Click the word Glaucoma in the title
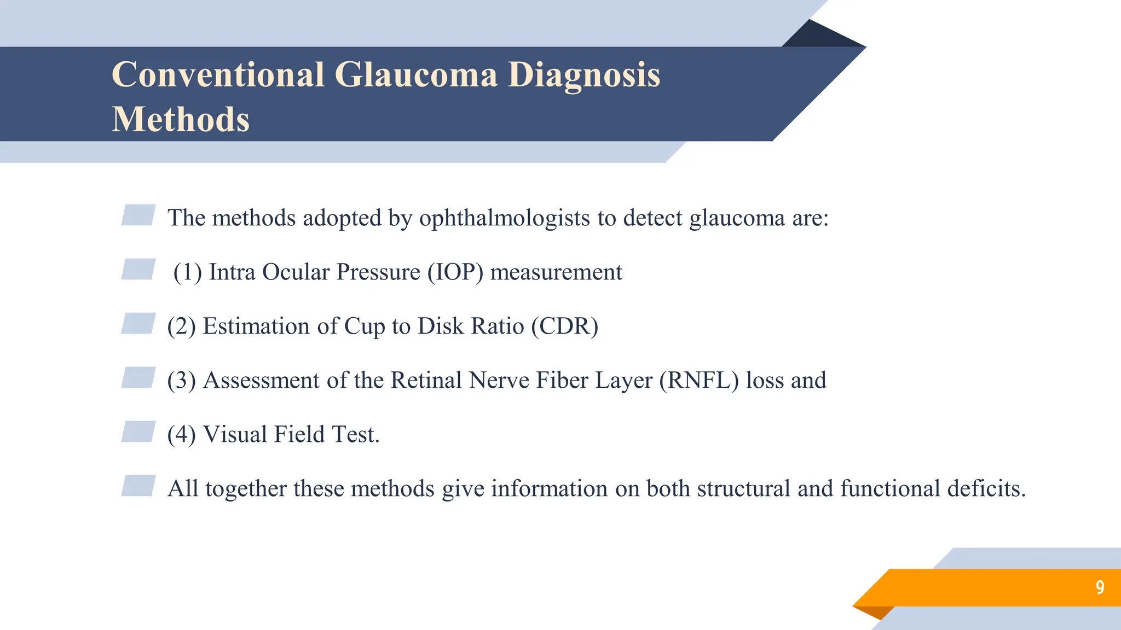(416, 75)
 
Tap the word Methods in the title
(181, 120)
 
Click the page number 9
(1100, 587)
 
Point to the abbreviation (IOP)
(455, 272)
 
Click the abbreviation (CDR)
(564, 326)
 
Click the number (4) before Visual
(181, 435)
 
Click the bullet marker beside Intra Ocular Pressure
(138, 270)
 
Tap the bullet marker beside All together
(138, 486)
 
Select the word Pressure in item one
(378, 272)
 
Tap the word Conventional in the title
(218, 75)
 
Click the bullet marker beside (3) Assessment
(138, 378)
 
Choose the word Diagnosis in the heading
(583, 75)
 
